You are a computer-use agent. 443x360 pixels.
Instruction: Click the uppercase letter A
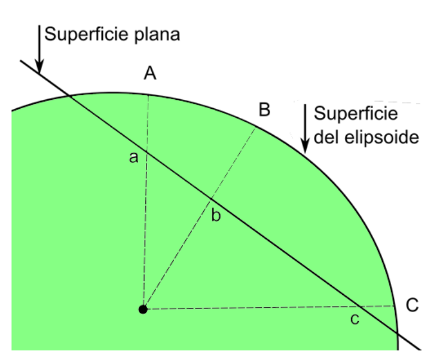click(x=150, y=74)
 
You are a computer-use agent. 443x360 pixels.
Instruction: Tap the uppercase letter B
click(x=264, y=109)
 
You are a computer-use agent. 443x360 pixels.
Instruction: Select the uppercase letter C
click(x=412, y=304)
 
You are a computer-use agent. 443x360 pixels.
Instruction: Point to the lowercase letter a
click(x=134, y=158)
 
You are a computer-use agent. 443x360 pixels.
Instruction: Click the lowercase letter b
click(x=216, y=216)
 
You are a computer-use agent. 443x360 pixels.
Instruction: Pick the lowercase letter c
click(x=355, y=320)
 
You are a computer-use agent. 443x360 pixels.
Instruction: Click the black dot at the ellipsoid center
click(x=142, y=309)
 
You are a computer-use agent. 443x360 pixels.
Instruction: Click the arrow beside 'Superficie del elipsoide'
click(x=305, y=129)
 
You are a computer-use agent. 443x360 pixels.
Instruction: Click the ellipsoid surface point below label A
click(x=148, y=94)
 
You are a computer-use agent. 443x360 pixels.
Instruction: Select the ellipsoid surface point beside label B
click(x=256, y=126)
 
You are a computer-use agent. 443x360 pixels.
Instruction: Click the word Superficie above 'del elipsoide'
click(x=356, y=114)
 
